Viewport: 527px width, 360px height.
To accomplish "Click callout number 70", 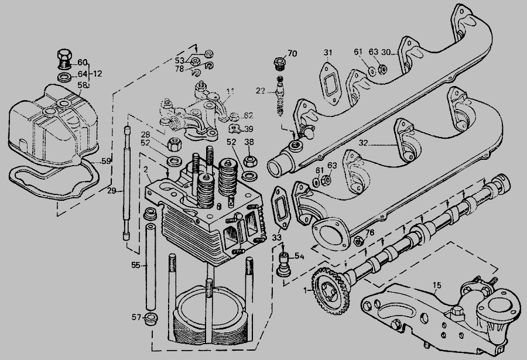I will point(292,54).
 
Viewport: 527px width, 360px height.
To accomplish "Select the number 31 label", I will point(328,53).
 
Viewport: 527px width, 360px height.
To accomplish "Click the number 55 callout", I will point(135,265).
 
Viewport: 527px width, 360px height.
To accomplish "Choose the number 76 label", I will point(369,233).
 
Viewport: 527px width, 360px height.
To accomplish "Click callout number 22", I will point(261,90).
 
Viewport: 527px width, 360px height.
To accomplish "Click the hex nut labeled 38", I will point(249,159).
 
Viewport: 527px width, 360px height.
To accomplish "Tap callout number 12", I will point(97,74).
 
